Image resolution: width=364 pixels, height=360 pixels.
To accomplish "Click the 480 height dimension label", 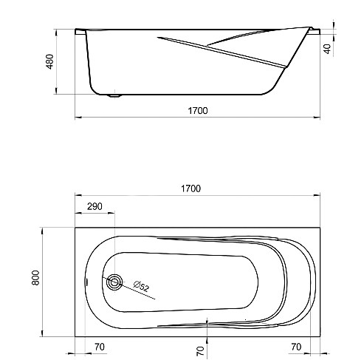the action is coord(50,61).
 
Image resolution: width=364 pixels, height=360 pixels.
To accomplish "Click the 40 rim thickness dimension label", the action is coord(327,49).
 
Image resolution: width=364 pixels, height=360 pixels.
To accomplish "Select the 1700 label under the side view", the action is coord(198,111).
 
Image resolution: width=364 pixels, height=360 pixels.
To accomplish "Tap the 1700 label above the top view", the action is coord(191,189).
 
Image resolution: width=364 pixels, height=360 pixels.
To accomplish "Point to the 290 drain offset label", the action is coord(95,206).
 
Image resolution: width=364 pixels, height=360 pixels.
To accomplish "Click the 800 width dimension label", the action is coord(35,278).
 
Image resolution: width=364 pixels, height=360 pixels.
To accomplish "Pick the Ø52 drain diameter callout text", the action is coord(142,286).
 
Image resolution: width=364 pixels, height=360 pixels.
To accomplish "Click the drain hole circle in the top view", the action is coord(114,282).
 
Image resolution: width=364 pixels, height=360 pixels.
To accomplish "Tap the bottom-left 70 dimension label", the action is coord(100,347).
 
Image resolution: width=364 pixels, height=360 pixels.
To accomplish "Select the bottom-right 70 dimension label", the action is coord(296,347).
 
